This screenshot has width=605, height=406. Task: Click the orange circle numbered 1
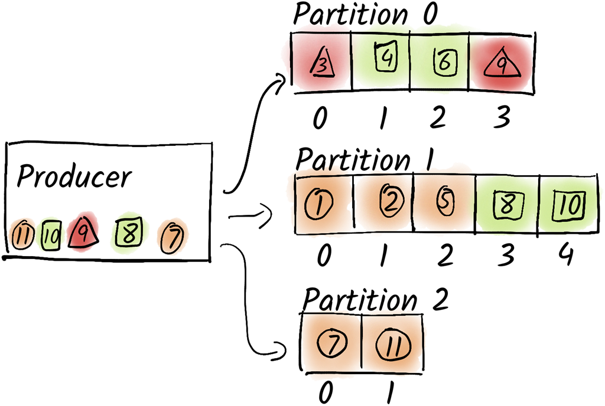click(x=320, y=205)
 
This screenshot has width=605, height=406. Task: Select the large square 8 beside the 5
click(x=507, y=205)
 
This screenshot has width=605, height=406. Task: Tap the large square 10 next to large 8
click(x=570, y=205)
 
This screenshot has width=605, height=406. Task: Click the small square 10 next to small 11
click(x=51, y=236)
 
